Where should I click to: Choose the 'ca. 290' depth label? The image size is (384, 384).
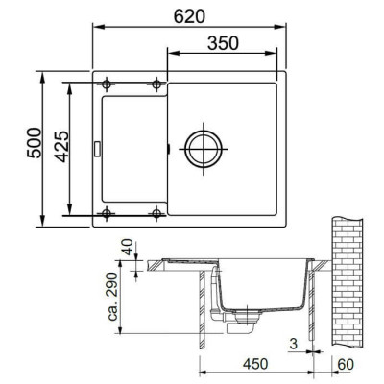click(x=113, y=300)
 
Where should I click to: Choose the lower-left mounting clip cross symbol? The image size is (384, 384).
click(x=107, y=212)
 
